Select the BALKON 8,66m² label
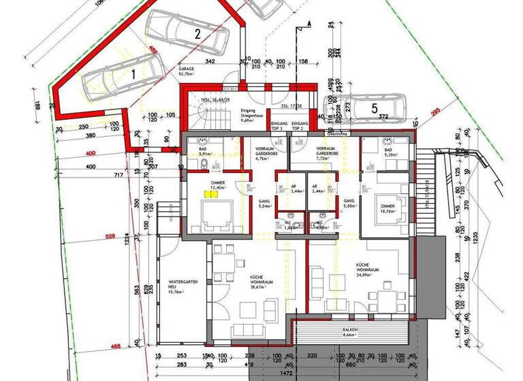(x=351, y=332)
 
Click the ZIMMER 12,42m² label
(x=218, y=185)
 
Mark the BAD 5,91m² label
(x=204, y=152)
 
